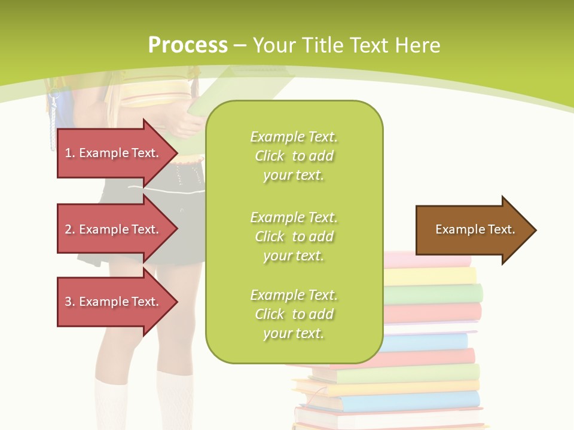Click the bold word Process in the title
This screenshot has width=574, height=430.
click(188, 45)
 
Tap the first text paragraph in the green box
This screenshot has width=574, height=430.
click(294, 156)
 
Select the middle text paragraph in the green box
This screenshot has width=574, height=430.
click(294, 236)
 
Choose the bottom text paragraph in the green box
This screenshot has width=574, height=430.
click(294, 314)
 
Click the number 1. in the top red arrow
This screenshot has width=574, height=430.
click(70, 153)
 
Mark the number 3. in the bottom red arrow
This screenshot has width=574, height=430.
click(70, 302)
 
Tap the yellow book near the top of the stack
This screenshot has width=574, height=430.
click(430, 276)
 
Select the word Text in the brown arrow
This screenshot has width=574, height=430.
click(502, 229)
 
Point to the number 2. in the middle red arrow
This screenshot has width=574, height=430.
click(70, 229)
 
